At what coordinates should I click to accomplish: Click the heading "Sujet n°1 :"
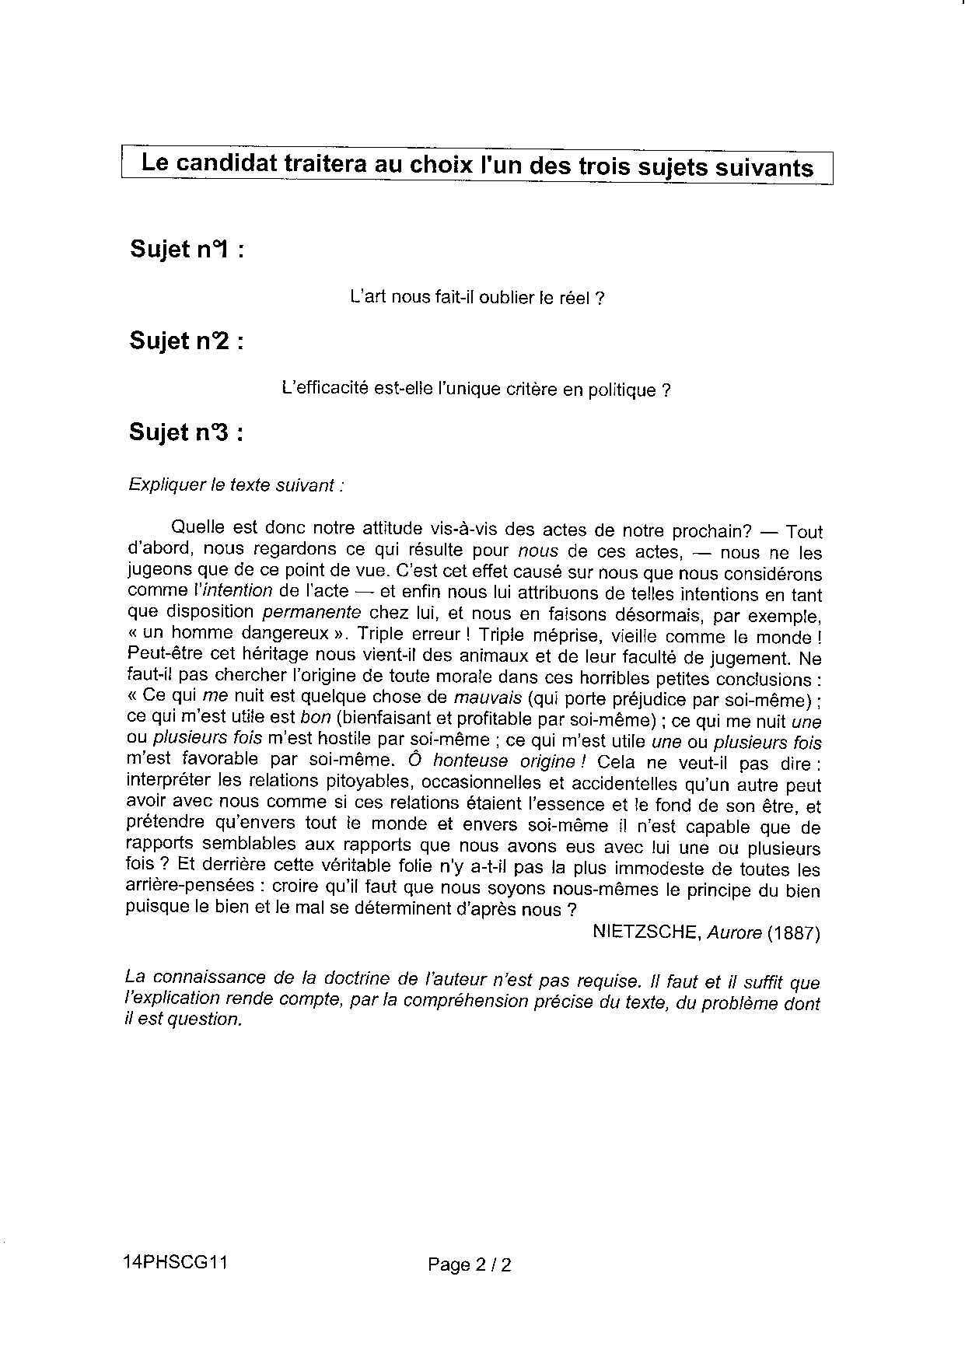tap(187, 250)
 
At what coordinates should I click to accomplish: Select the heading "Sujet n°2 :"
tap(187, 341)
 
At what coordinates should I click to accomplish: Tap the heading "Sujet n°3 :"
tap(187, 432)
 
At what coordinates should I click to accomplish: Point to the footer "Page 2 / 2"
tap(470, 1265)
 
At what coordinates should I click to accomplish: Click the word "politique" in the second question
tap(621, 390)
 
